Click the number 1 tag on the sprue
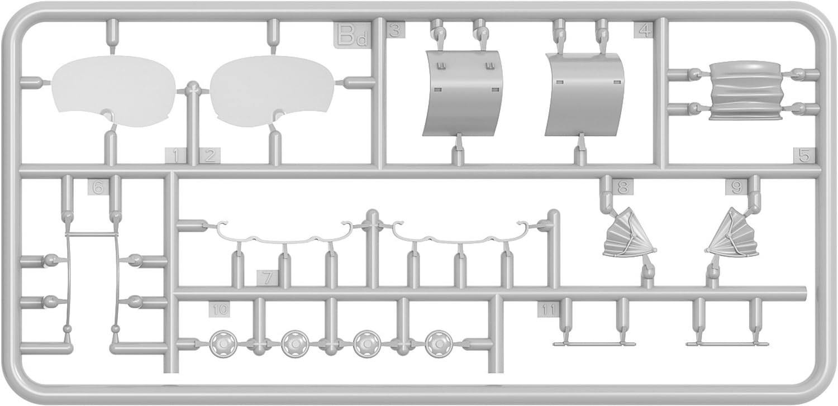point(175,156)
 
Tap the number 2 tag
point(209,156)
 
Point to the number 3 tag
point(394,31)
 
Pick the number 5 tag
point(804,156)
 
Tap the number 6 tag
point(98,188)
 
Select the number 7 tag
point(268,278)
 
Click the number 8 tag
point(622,188)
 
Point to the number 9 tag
point(736,188)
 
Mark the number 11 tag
point(548,309)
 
